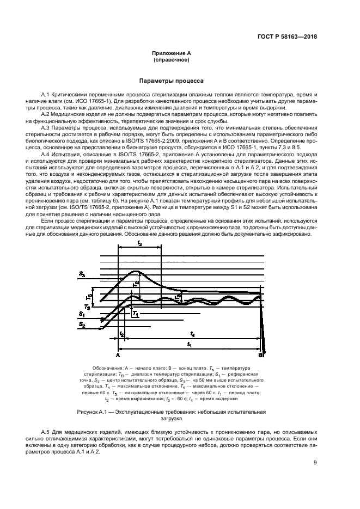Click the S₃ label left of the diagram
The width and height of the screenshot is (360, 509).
coord(82,275)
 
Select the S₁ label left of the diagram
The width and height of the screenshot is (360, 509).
coord(82,314)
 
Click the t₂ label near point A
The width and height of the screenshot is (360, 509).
coord(122,333)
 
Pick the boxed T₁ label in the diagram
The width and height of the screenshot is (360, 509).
coord(136,315)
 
